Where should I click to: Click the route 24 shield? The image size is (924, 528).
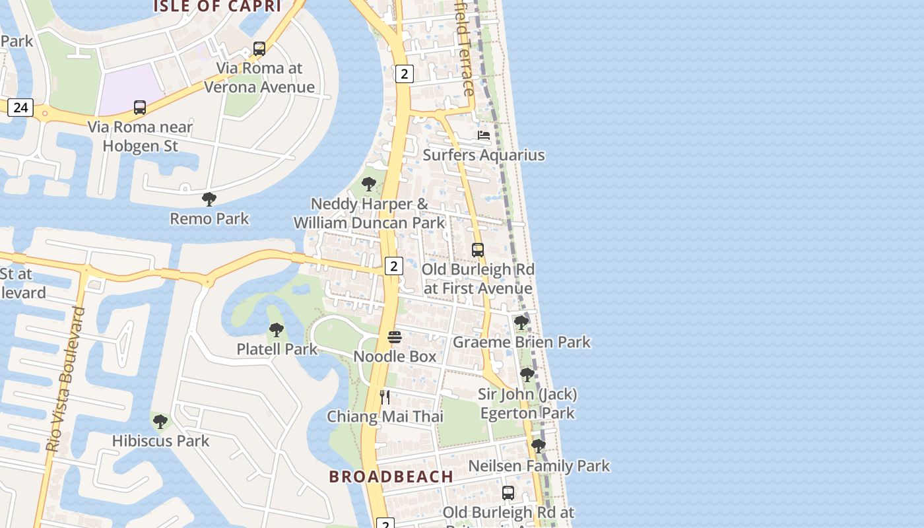pos(20,107)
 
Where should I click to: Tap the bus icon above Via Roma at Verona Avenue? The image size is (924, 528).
pos(259,49)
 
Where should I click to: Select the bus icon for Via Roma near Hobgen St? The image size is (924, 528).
pos(140,108)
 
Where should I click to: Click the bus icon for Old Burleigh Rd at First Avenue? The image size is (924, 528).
pos(478,250)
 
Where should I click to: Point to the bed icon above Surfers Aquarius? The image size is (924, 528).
pos(484,135)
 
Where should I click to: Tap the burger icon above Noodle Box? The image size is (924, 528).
pos(395,337)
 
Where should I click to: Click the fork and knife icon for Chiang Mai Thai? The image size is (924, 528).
pos(385,397)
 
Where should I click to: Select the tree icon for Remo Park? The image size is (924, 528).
pos(209,199)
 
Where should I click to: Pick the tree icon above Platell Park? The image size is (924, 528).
pos(277,329)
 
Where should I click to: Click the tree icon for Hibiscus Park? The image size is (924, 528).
pos(160,421)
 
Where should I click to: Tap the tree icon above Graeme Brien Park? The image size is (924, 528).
pos(521,323)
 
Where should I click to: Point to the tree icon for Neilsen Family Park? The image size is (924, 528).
pos(539,446)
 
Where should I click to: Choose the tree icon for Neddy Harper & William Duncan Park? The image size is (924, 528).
pos(369,184)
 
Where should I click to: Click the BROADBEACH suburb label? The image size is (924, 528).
pos(391,477)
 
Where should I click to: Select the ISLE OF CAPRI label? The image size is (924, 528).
pos(217,7)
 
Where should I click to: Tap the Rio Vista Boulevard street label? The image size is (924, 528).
pos(65,379)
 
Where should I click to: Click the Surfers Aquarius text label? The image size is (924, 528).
pos(484,155)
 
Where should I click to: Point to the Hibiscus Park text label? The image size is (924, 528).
pos(160,441)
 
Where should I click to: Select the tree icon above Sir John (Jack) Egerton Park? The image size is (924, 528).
pos(527,375)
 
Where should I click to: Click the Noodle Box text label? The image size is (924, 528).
pos(395,356)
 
